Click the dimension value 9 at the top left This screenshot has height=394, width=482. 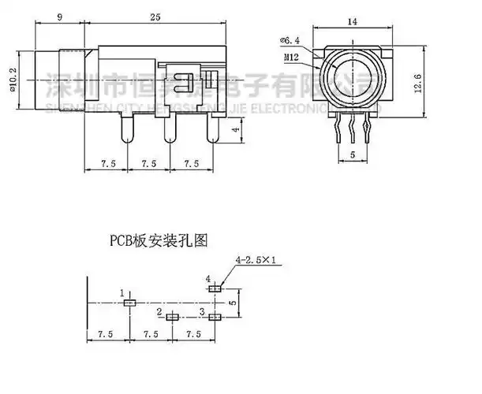coord(61,17)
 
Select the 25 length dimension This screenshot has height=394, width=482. coord(157,17)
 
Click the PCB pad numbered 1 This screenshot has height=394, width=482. coord(131,302)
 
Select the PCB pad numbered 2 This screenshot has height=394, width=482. coord(174,317)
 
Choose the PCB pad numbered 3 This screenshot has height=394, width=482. coord(215,317)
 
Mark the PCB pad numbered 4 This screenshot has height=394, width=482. coord(215,288)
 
